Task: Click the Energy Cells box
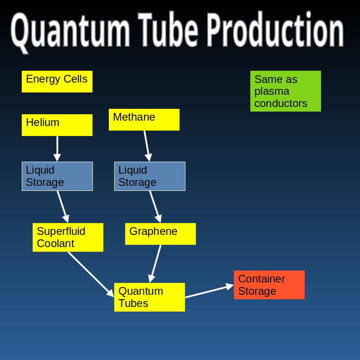(57, 82)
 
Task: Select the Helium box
(57, 125)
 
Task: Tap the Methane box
(144, 120)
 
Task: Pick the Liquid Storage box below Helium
(57, 176)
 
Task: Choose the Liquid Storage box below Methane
(150, 176)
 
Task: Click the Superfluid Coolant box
(68, 237)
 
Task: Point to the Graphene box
(161, 234)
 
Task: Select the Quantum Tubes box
(150, 297)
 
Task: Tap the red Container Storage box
(269, 285)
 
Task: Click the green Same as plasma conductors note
(286, 91)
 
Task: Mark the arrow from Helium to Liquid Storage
(57, 148)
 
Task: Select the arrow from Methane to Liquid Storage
(146, 146)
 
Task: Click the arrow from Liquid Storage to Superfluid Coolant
(63, 206)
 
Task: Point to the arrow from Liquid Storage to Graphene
(155, 206)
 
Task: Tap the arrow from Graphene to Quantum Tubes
(156, 263)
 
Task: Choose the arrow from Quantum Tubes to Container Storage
(209, 291)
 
